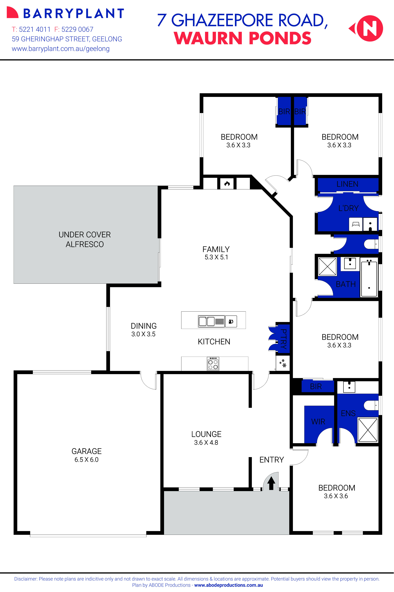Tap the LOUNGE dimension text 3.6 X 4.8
pyautogui.click(x=206, y=442)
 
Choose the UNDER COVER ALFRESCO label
pyautogui.click(x=85, y=239)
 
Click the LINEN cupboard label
pyautogui.click(x=347, y=184)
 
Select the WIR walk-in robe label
pyautogui.click(x=318, y=422)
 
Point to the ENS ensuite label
pyautogui.click(x=348, y=413)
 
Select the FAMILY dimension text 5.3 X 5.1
pyautogui.click(x=216, y=257)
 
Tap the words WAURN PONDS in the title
pyautogui.click(x=243, y=38)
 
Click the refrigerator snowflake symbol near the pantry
pyautogui.click(x=283, y=363)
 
